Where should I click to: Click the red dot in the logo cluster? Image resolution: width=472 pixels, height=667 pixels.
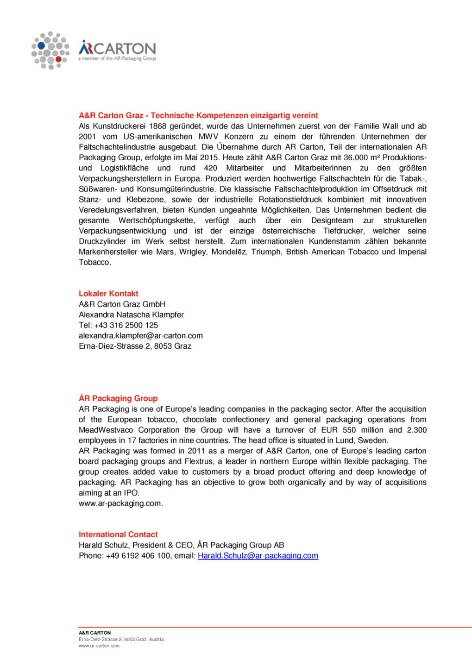point(58,59)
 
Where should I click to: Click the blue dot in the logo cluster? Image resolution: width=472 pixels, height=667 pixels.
point(41,45)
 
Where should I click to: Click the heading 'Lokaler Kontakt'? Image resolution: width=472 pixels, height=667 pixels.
point(108,294)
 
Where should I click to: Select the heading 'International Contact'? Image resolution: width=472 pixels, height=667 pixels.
point(118,535)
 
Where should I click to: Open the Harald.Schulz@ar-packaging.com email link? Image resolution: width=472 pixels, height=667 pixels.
point(258,556)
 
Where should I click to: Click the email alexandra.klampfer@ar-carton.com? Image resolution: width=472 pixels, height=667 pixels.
point(141,336)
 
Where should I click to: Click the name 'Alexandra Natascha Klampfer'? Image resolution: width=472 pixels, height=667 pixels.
point(131,315)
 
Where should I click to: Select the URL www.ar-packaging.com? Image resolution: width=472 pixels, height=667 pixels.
point(120,503)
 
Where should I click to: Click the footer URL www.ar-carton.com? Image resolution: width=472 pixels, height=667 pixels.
point(99,646)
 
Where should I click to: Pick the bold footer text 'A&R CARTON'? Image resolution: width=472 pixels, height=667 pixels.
point(95,633)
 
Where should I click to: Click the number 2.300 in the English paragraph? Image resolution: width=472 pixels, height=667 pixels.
point(417,430)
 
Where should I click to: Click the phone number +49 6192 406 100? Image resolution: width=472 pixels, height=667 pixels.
point(138,556)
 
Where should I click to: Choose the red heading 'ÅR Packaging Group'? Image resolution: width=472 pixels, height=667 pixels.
point(118,398)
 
